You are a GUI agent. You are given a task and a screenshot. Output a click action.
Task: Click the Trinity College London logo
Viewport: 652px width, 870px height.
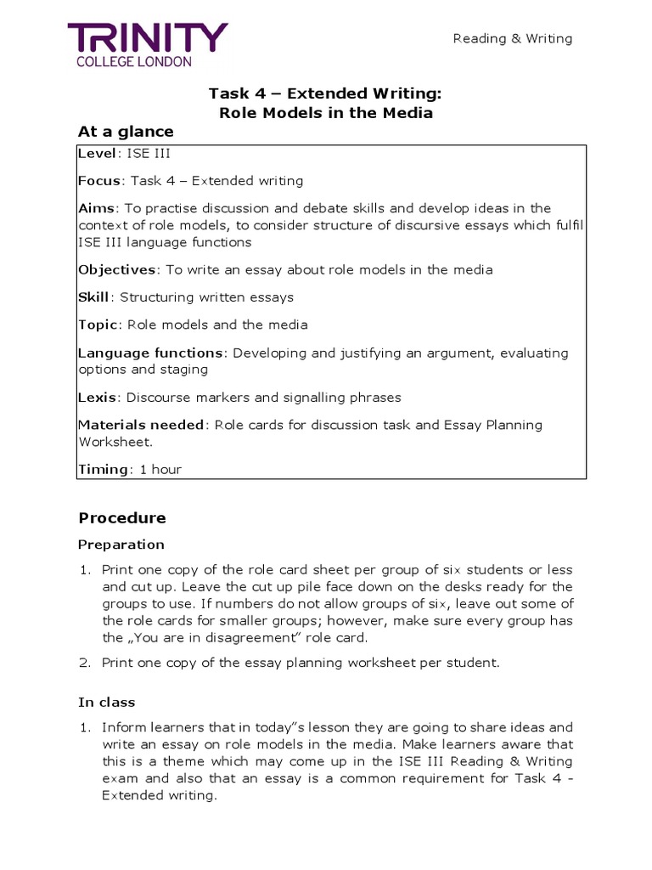click(x=148, y=44)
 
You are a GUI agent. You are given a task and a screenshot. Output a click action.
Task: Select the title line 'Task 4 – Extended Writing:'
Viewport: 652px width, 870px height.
click(x=325, y=94)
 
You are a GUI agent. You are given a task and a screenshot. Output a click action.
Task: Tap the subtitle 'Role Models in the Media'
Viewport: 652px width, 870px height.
click(x=325, y=113)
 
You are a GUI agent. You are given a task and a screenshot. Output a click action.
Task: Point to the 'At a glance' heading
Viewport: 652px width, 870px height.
click(x=126, y=132)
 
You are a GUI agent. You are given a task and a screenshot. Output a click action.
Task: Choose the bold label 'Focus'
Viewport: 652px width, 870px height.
click(x=99, y=181)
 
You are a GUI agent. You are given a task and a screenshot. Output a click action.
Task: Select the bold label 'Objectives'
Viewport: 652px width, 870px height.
click(x=117, y=269)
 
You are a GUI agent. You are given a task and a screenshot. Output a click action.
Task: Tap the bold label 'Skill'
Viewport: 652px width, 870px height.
click(x=94, y=297)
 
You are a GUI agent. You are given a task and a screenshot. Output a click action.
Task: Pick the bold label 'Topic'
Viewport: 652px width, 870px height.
click(x=97, y=325)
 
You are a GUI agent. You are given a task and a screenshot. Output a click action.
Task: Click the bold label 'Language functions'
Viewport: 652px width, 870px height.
click(x=150, y=353)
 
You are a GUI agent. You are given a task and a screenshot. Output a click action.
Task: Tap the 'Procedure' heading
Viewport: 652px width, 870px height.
click(x=122, y=518)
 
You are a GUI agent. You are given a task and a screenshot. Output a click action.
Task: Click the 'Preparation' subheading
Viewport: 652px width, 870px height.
click(x=121, y=545)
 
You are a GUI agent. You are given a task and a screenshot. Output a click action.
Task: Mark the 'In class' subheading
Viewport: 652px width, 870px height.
click(x=107, y=703)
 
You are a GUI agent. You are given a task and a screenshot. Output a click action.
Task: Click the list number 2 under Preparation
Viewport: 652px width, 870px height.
click(x=84, y=663)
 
